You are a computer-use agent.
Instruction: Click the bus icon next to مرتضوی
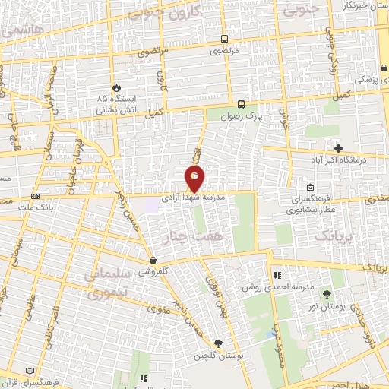pos(224,39)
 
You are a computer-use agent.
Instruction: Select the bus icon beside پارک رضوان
pos(241,105)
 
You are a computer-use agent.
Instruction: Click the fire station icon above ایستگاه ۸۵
pos(115,88)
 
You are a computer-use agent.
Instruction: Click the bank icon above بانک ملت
pos(35,195)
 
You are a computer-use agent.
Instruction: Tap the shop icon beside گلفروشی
pos(153,260)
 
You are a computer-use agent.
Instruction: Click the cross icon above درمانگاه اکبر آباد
pos(339,148)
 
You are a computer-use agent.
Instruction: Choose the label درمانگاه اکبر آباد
pos(341,160)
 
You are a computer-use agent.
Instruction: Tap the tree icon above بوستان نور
pos(327,293)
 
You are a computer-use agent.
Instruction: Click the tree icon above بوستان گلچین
pos(219,343)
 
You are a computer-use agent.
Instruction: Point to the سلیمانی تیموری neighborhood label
pos(111,283)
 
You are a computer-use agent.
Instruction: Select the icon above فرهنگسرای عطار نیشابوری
pos(309,187)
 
